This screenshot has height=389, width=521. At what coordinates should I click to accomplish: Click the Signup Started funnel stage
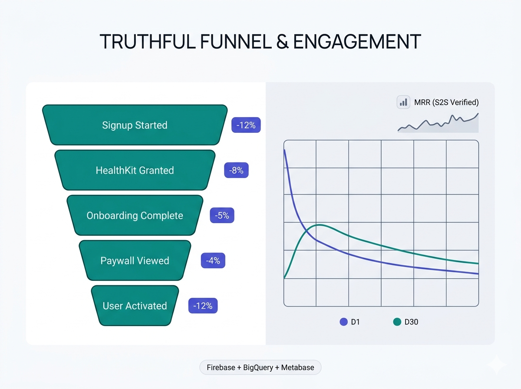[x=135, y=125]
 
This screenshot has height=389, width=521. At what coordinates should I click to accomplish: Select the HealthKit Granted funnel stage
[x=135, y=170]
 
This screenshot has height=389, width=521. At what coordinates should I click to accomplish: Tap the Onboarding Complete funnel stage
[x=135, y=216]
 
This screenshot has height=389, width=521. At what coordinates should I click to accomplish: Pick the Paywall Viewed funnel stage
[x=135, y=261]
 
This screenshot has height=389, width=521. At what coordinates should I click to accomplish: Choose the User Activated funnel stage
[x=135, y=306]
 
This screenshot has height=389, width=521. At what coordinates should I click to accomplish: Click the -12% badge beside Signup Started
[x=246, y=125]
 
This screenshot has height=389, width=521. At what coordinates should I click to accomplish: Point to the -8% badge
[x=237, y=171]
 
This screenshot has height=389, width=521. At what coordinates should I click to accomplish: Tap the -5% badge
[x=222, y=215]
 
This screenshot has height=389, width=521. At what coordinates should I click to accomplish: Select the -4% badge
[x=213, y=261]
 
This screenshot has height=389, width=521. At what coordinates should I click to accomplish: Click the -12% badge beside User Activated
[x=203, y=306]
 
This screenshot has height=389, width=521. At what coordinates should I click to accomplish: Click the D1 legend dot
[x=343, y=322]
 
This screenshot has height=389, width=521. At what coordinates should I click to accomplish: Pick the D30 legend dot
[x=397, y=322]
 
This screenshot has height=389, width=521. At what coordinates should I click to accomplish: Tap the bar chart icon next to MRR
[x=404, y=102]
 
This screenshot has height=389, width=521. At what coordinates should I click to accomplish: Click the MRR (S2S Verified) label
[x=446, y=102]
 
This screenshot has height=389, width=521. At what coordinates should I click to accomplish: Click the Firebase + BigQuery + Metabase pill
[x=260, y=367]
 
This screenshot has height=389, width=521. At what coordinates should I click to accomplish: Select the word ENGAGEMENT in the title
[x=357, y=41]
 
